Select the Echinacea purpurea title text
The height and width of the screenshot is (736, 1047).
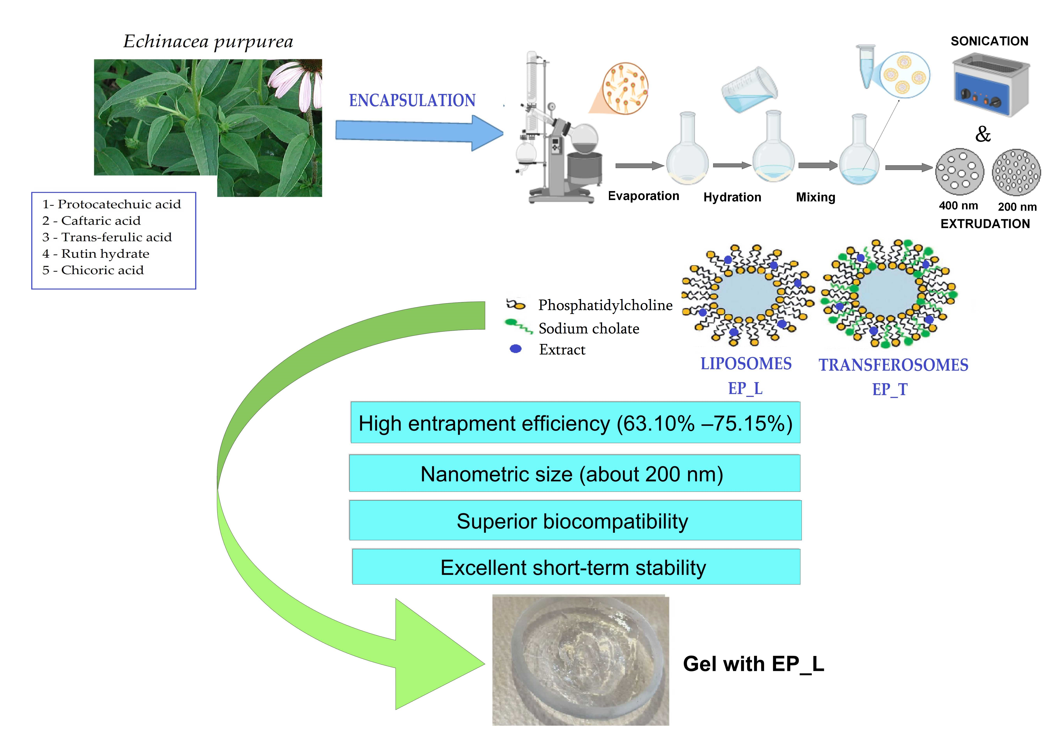[x=208, y=41]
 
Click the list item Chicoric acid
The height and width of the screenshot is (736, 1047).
[x=93, y=270]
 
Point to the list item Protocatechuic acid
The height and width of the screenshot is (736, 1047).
[x=112, y=204]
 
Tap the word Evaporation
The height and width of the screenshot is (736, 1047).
[x=643, y=196]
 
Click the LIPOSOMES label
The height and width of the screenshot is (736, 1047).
[x=746, y=364]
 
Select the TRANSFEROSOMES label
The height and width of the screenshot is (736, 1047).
[x=893, y=365]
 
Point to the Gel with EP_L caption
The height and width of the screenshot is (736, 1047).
[x=753, y=664]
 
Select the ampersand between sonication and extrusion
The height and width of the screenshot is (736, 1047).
[x=983, y=134]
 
